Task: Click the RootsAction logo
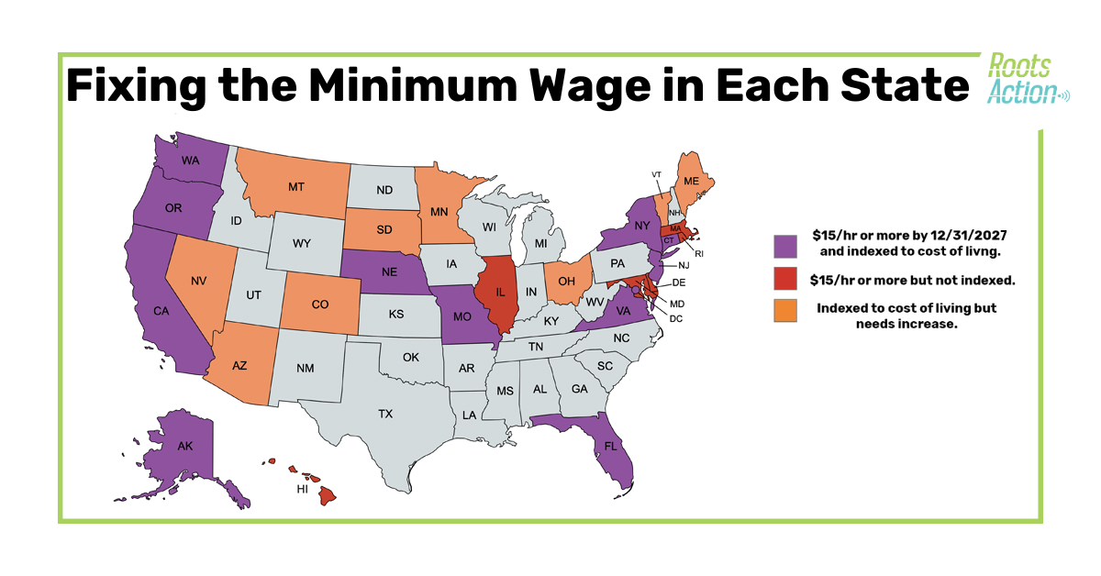point(1025,79)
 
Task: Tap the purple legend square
point(787,245)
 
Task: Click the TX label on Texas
point(385,414)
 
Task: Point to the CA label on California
point(161,311)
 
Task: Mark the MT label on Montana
point(295,186)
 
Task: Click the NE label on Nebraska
point(388,272)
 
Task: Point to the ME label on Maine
point(692,182)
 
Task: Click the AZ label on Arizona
point(239,364)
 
